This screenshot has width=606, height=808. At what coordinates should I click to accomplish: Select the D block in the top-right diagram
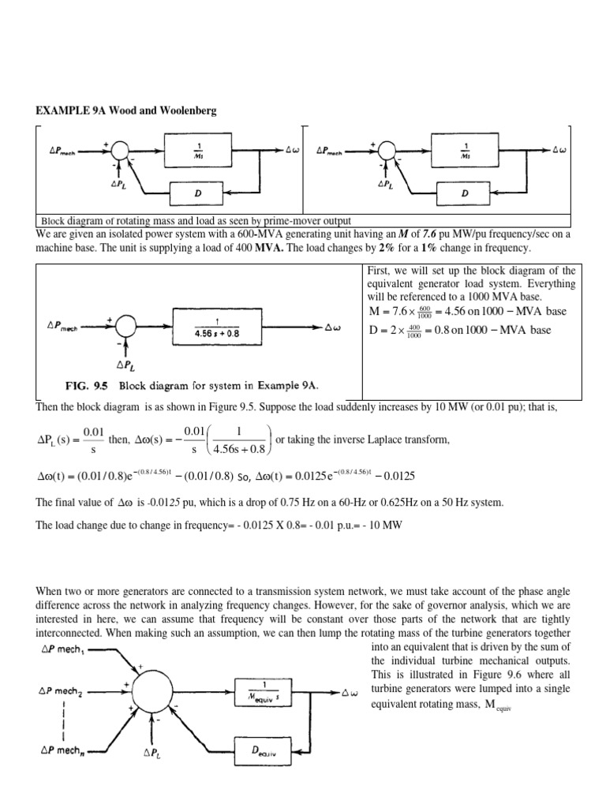[465, 192]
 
